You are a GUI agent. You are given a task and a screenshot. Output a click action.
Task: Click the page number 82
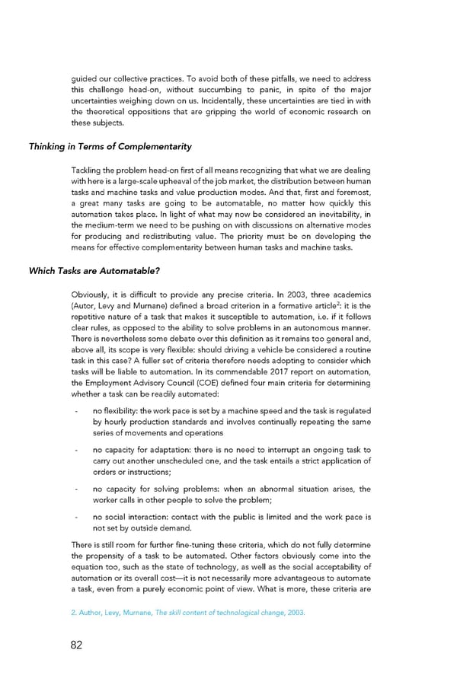click(76, 645)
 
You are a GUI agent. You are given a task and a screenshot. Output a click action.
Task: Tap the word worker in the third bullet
click(106, 500)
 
